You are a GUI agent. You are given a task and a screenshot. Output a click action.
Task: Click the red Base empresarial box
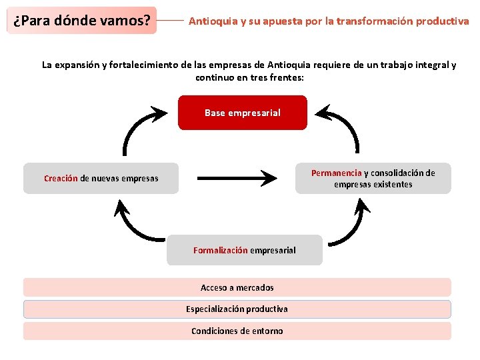(x=243, y=113)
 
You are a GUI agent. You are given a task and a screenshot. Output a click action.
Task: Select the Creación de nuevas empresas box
(x=101, y=178)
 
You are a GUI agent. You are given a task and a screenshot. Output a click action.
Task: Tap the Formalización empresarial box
(x=244, y=250)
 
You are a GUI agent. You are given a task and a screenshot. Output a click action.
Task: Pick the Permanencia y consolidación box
(x=373, y=178)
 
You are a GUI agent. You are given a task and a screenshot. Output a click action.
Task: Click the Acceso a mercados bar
(x=237, y=287)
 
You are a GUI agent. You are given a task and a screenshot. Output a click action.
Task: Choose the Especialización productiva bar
(x=237, y=309)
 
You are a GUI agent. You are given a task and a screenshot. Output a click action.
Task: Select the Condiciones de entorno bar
(x=237, y=331)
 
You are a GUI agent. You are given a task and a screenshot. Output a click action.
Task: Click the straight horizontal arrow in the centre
(x=237, y=178)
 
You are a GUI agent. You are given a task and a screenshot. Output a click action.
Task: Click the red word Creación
(x=61, y=178)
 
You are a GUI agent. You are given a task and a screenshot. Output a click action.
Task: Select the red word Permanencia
(x=336, y=173)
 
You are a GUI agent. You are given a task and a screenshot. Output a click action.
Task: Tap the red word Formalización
(x=220, y=250)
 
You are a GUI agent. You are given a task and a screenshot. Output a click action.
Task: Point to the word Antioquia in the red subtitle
(x=211, y=21)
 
